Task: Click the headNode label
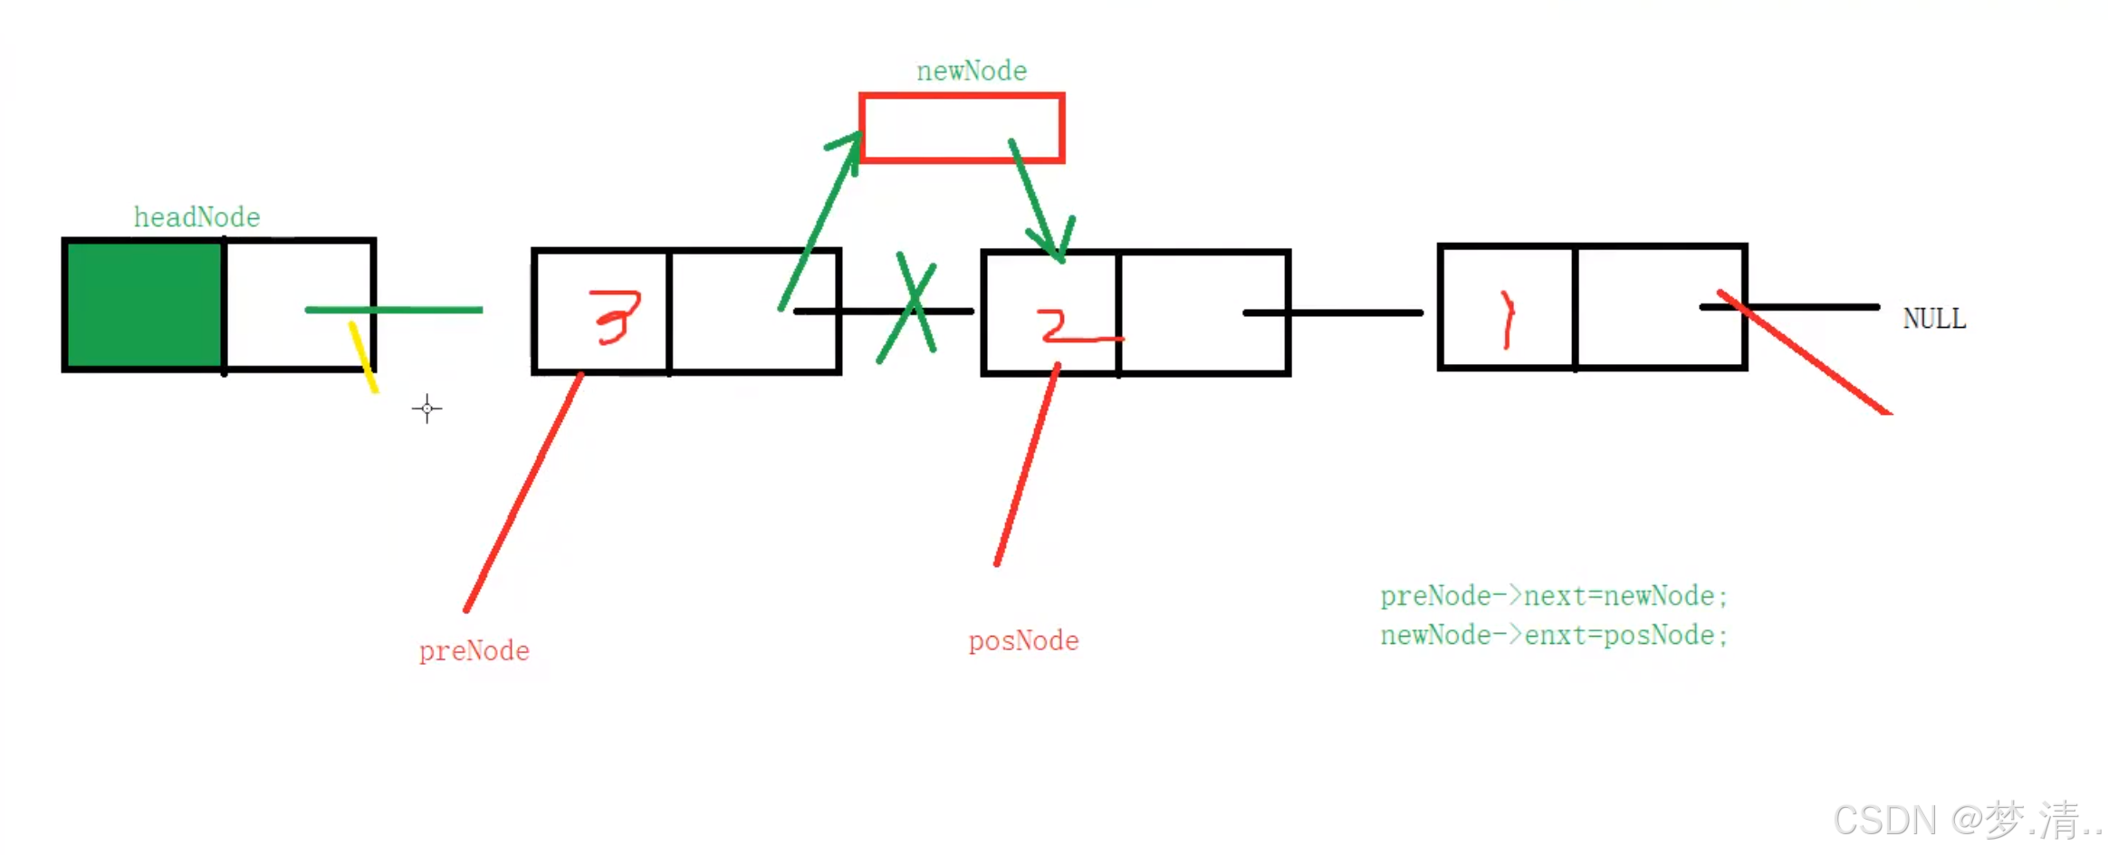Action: point(196,217)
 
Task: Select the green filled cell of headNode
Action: point(144,305)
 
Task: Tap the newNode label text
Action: point(971,71)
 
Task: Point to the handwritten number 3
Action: point(617,317)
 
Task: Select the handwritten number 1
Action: point(1507,319)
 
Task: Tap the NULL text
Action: point(1934,319)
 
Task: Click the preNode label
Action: point(474,650)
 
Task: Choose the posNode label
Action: point(1023,641)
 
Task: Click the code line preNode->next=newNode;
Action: point(1554,596)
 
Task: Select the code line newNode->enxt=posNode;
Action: point(1554,635)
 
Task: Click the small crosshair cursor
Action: point(426,408)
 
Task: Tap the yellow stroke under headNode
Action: point(363,358)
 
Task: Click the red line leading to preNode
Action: point(523,491)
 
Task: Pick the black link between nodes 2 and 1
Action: point(1333,312)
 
